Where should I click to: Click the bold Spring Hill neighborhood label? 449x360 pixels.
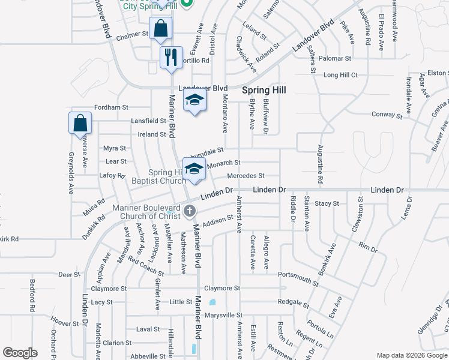(264, 90)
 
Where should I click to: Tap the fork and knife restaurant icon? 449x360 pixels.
(171, 58)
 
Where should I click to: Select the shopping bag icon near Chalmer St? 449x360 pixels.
(160, 28)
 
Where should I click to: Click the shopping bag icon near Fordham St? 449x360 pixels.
(80, 124)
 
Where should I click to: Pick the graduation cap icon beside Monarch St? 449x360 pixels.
(194, 169)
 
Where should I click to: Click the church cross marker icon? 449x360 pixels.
(190, 210)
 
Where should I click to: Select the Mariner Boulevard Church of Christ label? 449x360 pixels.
(147, 212)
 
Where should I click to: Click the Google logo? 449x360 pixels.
(20, 352)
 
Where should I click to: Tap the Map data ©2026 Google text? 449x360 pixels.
(411, 355)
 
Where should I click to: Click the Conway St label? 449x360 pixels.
(387, 115)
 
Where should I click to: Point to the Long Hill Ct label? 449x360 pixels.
(340, 75)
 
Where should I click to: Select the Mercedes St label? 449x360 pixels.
(246, 176)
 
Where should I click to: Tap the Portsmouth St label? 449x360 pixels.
(298, 279)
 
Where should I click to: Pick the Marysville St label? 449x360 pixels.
(223, 315)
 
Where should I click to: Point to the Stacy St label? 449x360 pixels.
(327, 204)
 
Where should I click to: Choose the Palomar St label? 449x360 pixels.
(335, 58)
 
